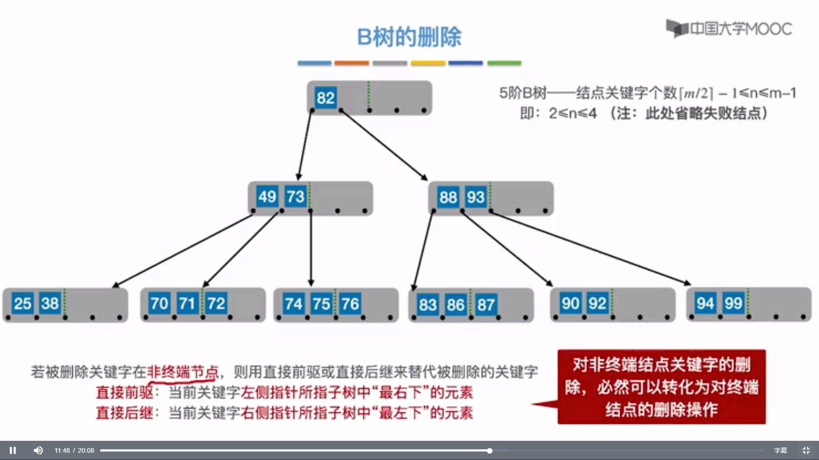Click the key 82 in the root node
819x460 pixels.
click(325, 98)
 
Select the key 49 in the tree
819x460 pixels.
click(267, 197)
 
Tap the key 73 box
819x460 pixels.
click(295, 197)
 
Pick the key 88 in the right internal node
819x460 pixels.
click(448, 197)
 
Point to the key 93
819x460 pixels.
click(476, 197)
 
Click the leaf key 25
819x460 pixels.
click(23, 303)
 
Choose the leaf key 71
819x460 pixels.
click(187, 303)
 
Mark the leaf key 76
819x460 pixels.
click(350, 304)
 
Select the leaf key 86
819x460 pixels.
click(456, 305)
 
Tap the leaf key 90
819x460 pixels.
click(570, 303)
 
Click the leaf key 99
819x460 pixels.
click(733, 303)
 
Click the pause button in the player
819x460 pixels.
click(13, 450)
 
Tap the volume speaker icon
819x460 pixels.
click(38, 450)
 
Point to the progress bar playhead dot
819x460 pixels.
click(490, 450)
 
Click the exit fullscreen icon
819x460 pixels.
click(806, 450)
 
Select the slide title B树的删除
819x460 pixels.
click(409, 37)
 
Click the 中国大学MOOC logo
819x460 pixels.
click(729, 29)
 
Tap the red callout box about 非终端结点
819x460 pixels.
click(661, 387)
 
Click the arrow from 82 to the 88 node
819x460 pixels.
click(384, 145)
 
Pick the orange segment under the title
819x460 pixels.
click(351, 63)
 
